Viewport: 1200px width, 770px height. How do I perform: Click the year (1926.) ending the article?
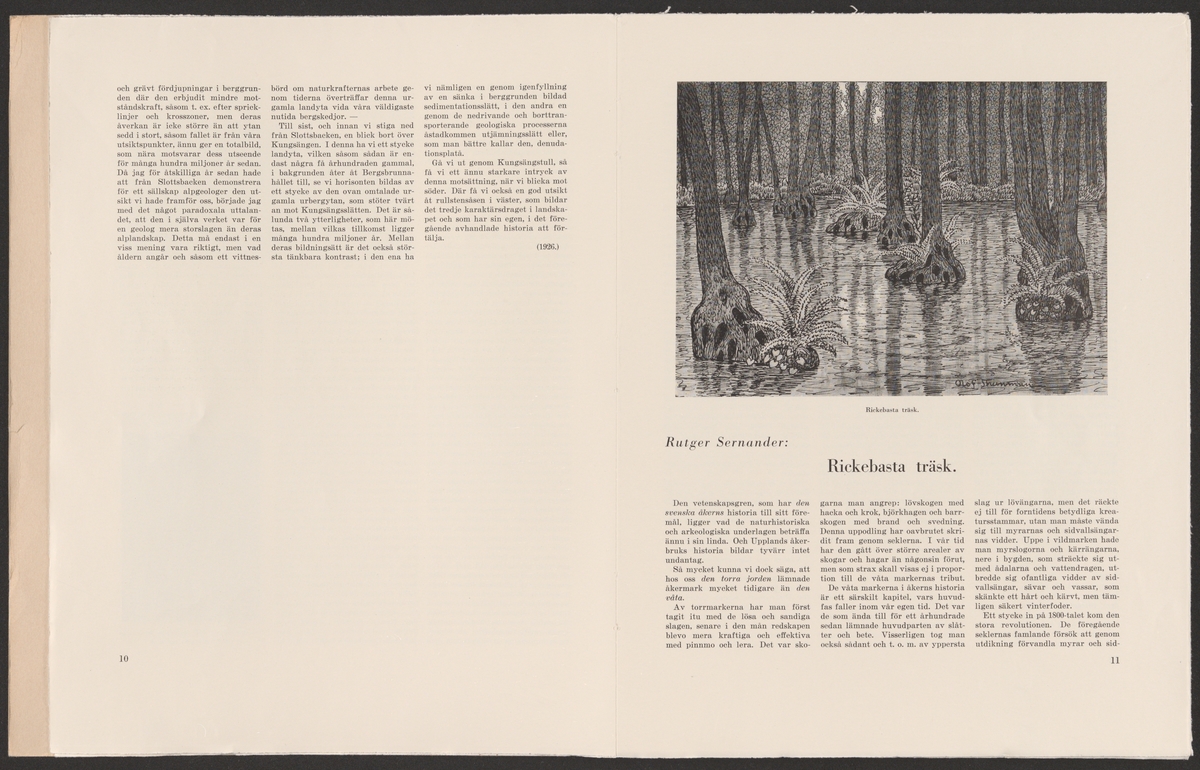(x=547, y=246)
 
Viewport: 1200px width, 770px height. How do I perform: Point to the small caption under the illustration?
(x=891, y=409)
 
